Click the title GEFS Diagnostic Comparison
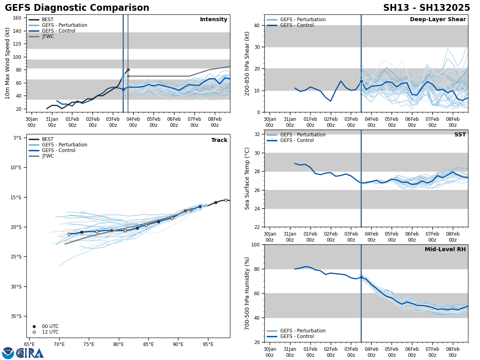click(77, 8)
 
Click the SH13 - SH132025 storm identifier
click(426, 8)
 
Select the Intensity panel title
click(214, 20)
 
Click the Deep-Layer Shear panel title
click(438, 20)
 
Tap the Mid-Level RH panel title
click(445, 250)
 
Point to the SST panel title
click(460, 135)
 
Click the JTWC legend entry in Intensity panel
click(48, 36)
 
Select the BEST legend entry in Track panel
click(48, 139)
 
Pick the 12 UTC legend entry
click(50, 332)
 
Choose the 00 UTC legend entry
click(50, 326)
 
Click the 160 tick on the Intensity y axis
click(17, 18)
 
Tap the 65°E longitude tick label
click(29, 344)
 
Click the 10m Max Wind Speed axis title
click(8, 63)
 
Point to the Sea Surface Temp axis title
click(247, 178)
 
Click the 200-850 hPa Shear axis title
click(247, 63)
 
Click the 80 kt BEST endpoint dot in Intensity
click(128, 70)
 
